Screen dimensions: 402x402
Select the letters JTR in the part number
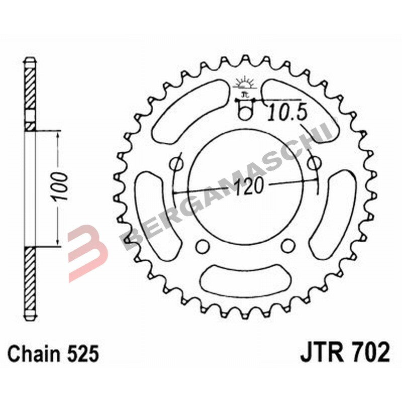point(320,353)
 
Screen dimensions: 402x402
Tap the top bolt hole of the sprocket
point(245,113)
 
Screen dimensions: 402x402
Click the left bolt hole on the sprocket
point(176,164)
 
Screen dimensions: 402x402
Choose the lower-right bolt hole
point(287,245)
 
